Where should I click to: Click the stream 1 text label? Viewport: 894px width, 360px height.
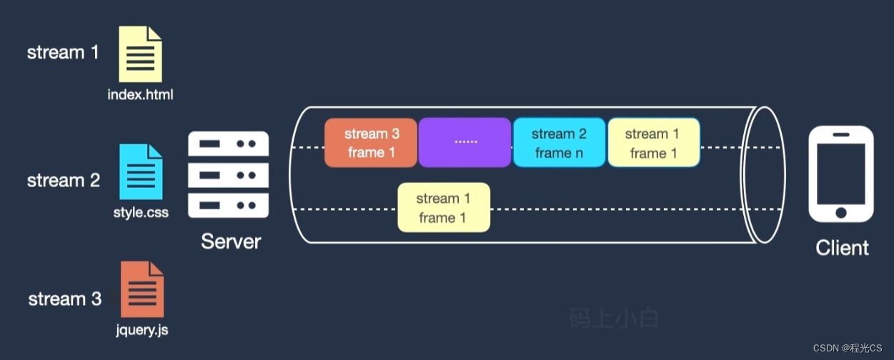click(63, 53)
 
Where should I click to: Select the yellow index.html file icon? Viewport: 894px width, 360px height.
click(140, 54)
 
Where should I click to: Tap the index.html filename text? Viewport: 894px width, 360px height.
click(140, 94)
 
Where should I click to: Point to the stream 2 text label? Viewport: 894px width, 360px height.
click(64, 181)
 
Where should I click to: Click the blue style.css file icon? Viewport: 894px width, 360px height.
click(141, 172)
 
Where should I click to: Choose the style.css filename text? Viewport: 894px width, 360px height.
click(141, 212)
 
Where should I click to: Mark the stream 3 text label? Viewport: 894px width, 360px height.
click(65, 299)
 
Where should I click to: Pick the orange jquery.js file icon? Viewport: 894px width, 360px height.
click(141, 289)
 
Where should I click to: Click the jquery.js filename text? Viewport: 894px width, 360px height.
click(141, 330)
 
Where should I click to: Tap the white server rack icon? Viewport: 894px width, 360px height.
click(228, 174)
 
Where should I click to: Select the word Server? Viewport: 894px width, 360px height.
click(231, 241)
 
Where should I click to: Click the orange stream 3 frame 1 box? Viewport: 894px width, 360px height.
click(371, 143)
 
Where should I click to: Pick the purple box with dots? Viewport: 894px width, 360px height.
click(465, 143)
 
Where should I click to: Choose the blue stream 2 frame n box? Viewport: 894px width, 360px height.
click(559, 143)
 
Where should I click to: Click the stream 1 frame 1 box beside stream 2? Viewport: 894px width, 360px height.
click(653, 143)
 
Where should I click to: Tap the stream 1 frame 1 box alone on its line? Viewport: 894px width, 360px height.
click(444, 208)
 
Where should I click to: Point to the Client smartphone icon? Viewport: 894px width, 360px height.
click(841, 175)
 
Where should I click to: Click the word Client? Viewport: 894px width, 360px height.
click(843, 248)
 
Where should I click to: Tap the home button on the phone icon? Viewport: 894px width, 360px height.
click(841, 212)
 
